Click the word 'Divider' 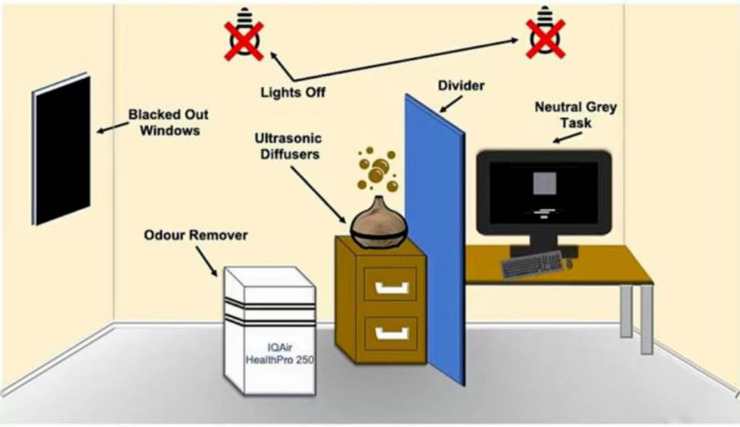461,86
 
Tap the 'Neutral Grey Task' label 575,115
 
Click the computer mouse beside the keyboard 569,264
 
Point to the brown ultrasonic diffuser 380,217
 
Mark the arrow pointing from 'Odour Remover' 210,264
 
